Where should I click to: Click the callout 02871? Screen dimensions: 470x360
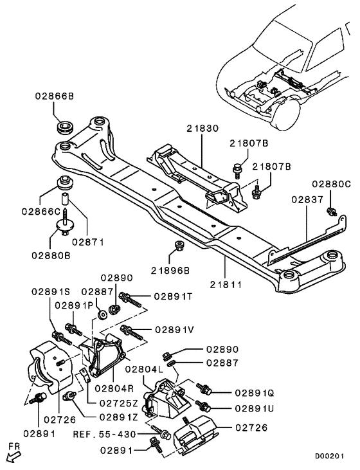(88, 242)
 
